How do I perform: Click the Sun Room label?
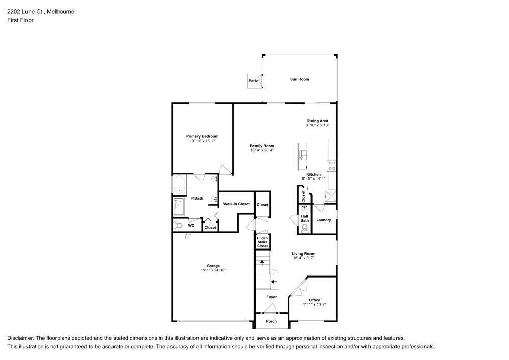click(x=299, y=79)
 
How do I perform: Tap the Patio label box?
click(x=253, y=81)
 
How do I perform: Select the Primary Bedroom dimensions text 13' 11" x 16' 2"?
click(x=202, y=141)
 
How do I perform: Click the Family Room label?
click(x=262, y=146)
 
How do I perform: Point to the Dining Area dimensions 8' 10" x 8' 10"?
click(x=317, y=125)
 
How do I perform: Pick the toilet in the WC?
click(x=178, y=225)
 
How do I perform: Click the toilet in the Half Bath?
click(x=305, y=228)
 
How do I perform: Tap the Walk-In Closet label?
click(x=236, y=204)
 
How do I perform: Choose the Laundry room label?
click(x=324, y=220)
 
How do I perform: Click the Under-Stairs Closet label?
click(x=262, y=242)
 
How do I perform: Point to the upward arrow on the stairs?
click(x=262, y=263)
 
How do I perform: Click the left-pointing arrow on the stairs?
click(x=273, y=281)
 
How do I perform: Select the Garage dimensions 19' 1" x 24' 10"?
click(x=213, y=270)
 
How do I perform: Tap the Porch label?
click(x=271, y=321)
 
